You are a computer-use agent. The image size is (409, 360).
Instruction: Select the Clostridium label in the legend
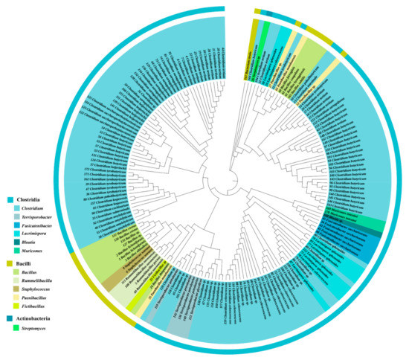coord(36,210)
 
